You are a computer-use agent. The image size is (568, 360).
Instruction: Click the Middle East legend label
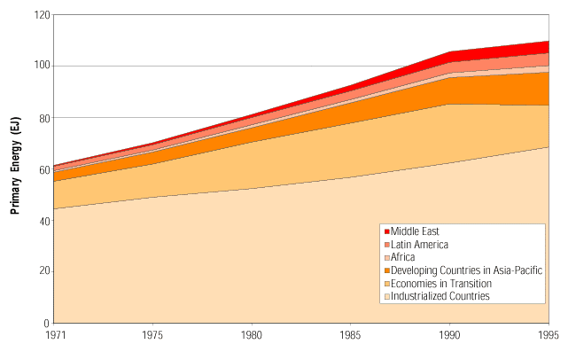pyautogui.click(x=416, y=231)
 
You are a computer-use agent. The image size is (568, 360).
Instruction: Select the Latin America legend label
pyautogui.click(x=420, y=244)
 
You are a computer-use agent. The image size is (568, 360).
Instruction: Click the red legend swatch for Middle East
pyautogui.click(x=387, y=231)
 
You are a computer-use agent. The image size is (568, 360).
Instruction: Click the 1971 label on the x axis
pyautogui.click(x=54, y=336)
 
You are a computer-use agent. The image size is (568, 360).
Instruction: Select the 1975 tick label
pyautogui.click(x=153, y=336)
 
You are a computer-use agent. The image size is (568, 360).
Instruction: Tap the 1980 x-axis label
pyautogui.click(x=253, y=336)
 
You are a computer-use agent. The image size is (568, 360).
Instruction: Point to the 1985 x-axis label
pyautogui.click(x=352, y=336)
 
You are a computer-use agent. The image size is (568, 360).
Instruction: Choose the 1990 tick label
pyautogui.click(x=451, y=336)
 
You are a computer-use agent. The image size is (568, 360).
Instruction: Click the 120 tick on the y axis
pyautogui.click(x=40, y=15)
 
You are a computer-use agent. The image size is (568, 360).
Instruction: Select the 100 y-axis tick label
pyautogui.click(x=40, y=67)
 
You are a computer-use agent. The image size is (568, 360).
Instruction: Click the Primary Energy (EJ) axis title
pyautogui.click(x=16, y=169)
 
